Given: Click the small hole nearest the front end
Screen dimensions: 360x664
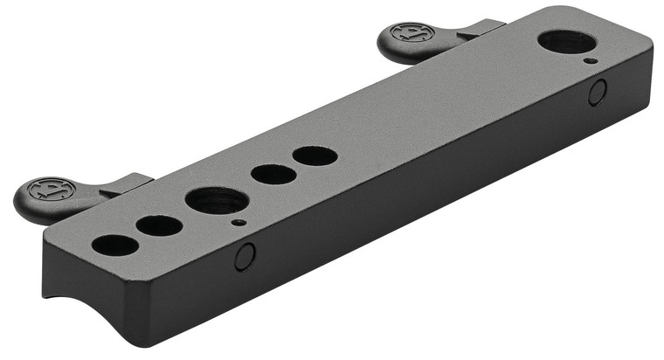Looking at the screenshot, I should pyautogui.click(x=114, y=245).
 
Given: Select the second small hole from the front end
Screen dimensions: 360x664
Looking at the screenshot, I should pyautogui.click(x=160, y=226).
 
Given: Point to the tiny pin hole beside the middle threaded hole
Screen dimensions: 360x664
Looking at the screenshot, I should pyautogui.click(x=238, y=222).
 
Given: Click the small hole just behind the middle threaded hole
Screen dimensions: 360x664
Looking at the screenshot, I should pyautogui.click(x=273, y=174).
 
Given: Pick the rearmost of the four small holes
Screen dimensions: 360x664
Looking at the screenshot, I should pyautogui.click(x=315, y=156).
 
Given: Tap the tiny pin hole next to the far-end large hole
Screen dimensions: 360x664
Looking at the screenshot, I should pyautogui.click(x=591, y=61).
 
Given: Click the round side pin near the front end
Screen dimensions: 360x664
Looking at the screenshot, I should pyautogui.click(x=245, y=256).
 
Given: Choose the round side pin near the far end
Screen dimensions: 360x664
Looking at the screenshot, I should pyautogui.click(x=598, y=93).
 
